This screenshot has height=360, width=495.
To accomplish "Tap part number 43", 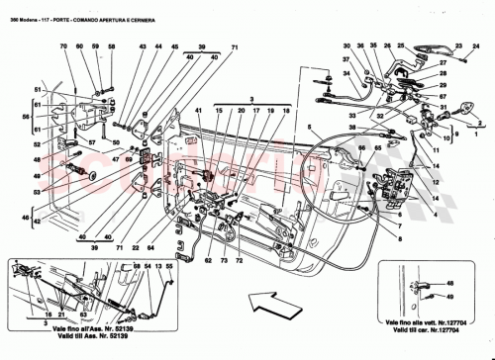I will [x=143, y=47].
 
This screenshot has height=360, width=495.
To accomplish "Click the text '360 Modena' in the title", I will [x=23, y=6].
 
